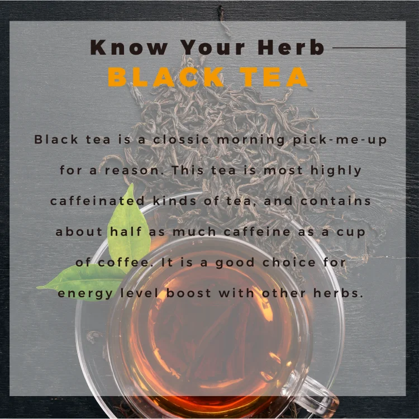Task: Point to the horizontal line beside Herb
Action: (x=369, y=48)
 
